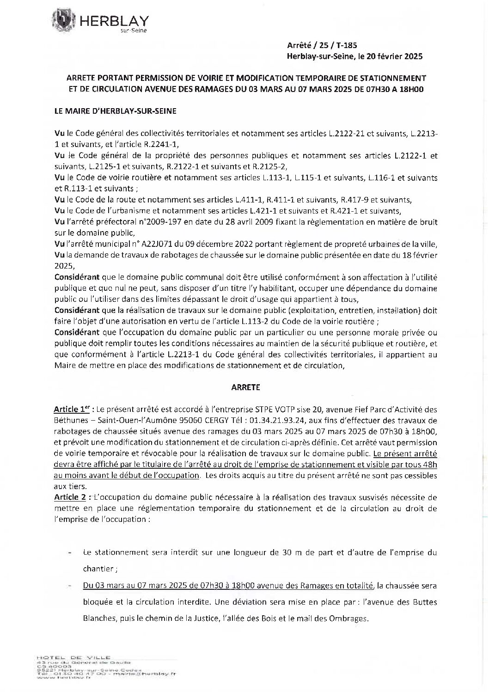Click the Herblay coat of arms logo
click(x=63, y=21)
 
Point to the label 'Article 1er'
click(x=70, y=410)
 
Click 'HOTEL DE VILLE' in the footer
click(x=73, y=657)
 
